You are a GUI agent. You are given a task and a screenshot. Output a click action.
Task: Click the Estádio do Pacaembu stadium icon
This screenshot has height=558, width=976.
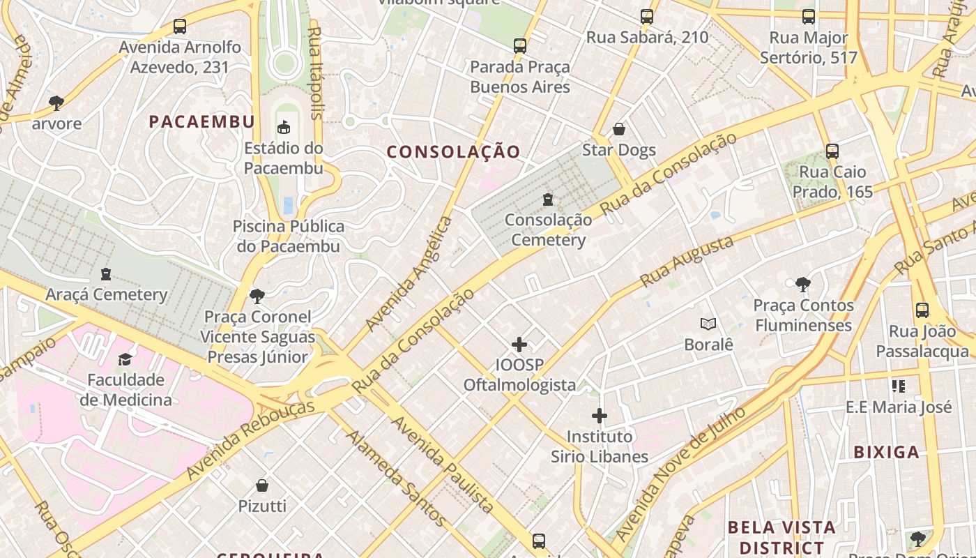tap(284, 127)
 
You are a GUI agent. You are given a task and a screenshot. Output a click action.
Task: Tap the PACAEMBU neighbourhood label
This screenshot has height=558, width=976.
tap(202, 122)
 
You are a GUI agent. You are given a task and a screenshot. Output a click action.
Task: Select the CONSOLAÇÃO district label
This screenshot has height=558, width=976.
tap(454, 152)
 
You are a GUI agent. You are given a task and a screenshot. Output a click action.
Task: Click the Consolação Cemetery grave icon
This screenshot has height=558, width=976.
tap(548, 199)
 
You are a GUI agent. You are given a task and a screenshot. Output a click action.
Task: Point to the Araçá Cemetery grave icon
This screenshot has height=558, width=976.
tap(106, 274)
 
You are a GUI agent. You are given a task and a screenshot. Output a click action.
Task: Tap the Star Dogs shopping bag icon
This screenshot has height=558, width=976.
tap(618, 130)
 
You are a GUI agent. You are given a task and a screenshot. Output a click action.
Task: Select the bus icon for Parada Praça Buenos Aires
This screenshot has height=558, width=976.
tap(519, 46)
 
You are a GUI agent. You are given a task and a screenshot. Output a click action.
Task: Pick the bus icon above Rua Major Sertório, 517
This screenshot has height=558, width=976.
tap(809, 17)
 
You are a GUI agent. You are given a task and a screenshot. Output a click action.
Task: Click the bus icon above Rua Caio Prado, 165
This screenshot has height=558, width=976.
tap(832, 151)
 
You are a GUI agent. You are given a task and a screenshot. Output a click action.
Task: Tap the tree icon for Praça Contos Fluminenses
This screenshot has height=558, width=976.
tap(802, 284)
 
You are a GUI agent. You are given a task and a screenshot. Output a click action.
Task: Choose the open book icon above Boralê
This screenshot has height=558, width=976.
tap(708, 324)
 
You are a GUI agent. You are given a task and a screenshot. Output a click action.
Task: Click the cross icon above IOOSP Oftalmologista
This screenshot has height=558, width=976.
tap(519, 345)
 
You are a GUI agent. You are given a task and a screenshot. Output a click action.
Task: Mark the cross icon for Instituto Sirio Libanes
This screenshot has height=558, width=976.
tap(600, 416)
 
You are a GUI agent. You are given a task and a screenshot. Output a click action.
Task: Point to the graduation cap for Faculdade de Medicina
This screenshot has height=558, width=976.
tap(125, 359)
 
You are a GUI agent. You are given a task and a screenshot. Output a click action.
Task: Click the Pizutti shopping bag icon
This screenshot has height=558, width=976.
tap(262, 485)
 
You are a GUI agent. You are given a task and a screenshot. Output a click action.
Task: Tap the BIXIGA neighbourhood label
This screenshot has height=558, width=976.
tap(887, 452)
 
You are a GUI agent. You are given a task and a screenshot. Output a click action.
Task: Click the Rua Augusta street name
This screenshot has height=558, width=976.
tap(687, 261)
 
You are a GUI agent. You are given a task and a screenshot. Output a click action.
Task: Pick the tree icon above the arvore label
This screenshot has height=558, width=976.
tap(56, 103)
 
